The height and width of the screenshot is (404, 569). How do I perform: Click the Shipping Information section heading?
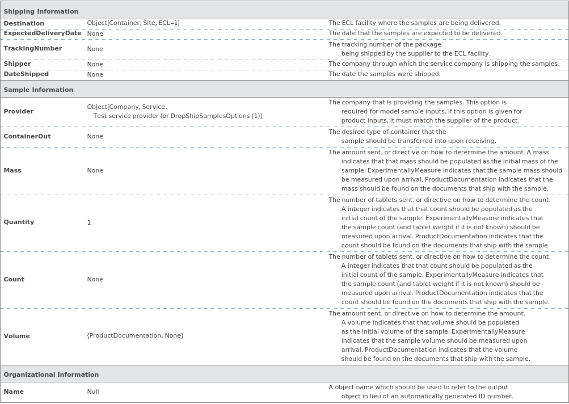(41, 11)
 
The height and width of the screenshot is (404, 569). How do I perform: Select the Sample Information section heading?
(39, 90)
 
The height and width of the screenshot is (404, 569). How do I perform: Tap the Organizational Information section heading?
(51, 374)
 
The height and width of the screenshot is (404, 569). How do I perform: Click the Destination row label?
(24, 23)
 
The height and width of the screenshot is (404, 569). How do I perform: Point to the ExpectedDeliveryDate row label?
(43, 33)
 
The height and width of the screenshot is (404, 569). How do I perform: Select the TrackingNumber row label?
(33, 49)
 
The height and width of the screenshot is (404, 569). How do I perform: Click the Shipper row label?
(17, 64)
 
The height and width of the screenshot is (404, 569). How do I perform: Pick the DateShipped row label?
(26, 74)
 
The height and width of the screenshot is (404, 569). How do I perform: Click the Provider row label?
(19, 112)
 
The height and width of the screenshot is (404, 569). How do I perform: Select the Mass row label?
(12, 170)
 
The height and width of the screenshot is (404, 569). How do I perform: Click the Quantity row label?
(19, 222)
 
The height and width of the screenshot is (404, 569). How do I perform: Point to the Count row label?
(14, 279)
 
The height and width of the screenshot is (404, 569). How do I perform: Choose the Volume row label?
(17, 336)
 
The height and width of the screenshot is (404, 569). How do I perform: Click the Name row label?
(14, 392)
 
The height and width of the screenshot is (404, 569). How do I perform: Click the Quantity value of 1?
(89, 222)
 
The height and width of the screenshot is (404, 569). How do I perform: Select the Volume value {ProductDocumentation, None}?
(135, 336)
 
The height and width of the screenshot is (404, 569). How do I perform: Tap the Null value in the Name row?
(93, 392)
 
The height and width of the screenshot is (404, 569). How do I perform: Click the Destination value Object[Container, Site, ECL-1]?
(133, 23)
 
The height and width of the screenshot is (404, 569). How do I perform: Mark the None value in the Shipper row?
(95, 64)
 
